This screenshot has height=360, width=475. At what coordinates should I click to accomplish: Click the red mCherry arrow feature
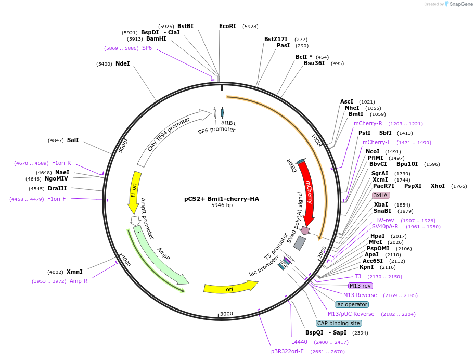[309, 192]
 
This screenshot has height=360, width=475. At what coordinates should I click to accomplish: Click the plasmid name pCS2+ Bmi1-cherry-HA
[222, 199]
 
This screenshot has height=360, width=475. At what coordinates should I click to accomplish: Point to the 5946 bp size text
[222, 205]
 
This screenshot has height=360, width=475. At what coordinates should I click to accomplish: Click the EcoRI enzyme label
[227, 26]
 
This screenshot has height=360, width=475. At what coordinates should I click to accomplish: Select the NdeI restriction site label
[122, 63]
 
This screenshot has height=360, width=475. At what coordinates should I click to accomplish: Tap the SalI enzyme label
[73, 140]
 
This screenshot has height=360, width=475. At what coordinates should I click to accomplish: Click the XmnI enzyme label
[74, 272]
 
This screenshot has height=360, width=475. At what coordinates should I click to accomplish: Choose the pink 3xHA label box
[381, 195]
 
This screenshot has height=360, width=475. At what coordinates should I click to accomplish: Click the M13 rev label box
[361, 286]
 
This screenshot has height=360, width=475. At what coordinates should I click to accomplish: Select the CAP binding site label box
[339, 323]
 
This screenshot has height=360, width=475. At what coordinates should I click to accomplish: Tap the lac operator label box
[352, 304]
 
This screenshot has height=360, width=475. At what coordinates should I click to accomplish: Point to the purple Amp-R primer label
[79, 281]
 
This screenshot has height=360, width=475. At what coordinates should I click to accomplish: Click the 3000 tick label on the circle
[226, 314]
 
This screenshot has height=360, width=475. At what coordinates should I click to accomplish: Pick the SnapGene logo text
[460, 4]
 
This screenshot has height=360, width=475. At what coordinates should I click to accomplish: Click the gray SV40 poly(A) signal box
[300, 243]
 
